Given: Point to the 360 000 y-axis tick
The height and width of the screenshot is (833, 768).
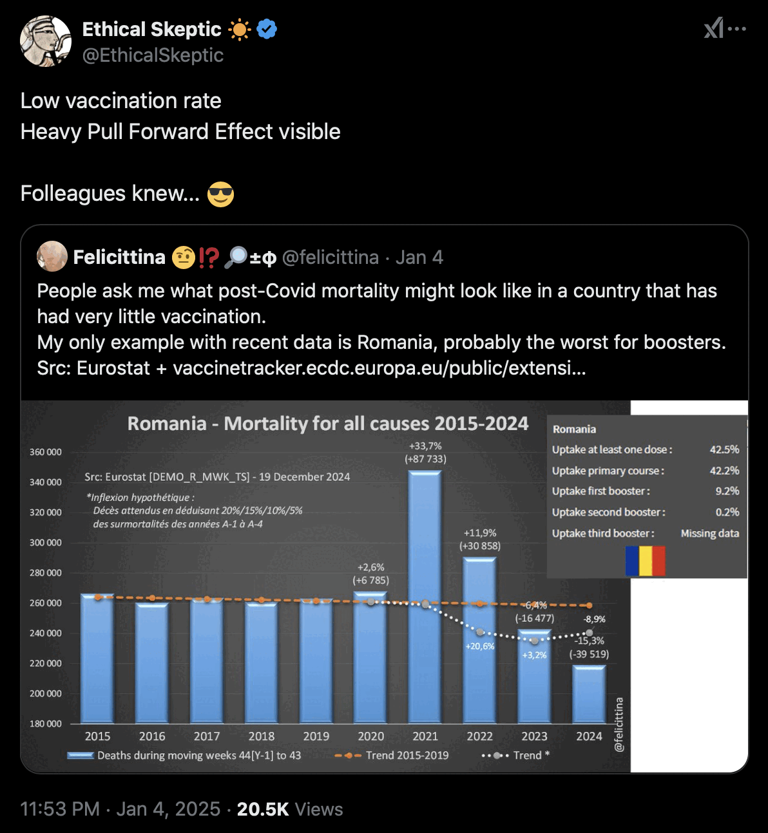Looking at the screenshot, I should (46, 452).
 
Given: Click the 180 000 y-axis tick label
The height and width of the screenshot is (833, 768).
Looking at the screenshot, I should (46, 724).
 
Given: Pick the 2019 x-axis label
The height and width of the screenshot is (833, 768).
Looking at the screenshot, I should (316, 736).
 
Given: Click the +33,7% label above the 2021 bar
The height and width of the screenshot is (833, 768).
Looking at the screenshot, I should (425, 445).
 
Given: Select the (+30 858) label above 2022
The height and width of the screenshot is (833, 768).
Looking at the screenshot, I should (480, 546).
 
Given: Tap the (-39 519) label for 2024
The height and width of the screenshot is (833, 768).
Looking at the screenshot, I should (589, 654).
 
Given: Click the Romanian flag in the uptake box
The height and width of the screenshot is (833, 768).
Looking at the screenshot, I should (645, 561).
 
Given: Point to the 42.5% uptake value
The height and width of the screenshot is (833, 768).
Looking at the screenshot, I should (724, 449).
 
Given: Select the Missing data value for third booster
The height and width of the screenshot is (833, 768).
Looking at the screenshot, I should (709, 533).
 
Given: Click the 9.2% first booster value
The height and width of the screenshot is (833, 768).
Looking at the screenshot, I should (727, 491).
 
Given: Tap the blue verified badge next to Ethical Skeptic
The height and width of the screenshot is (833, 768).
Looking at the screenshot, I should (267, 30).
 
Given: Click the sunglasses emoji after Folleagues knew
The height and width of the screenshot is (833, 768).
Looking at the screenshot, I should (220, 194).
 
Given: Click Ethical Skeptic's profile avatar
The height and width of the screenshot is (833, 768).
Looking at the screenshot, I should (46, 41).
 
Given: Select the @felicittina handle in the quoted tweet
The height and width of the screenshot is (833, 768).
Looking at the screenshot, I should (330, 257).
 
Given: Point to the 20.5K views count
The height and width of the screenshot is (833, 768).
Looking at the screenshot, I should (263, 809).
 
